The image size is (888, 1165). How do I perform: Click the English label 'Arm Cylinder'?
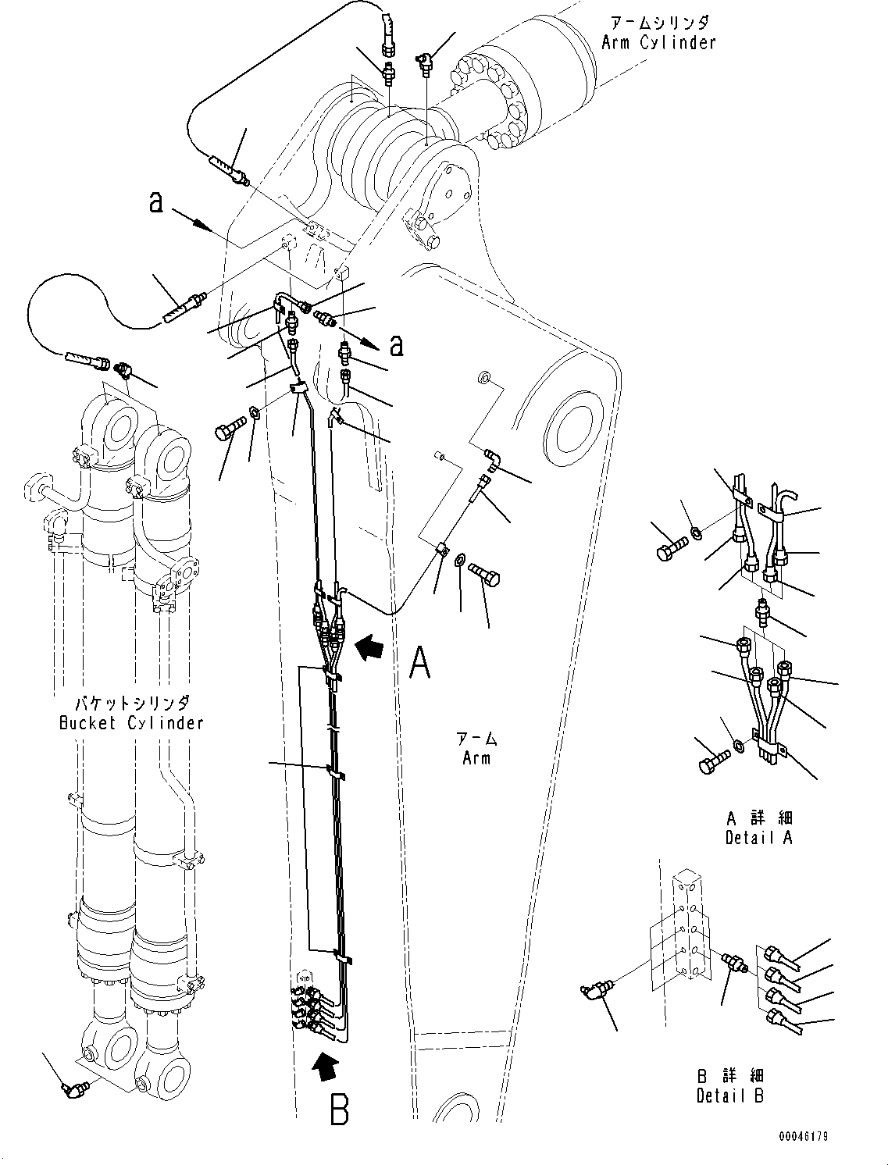click(x=658, y=43)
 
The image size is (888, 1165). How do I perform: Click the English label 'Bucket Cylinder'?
click(x=131, y=722)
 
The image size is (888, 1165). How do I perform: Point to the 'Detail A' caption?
click(x=758, y=838)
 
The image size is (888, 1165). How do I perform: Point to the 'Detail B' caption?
click(x=729, y=1096)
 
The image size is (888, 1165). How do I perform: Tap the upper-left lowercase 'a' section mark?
click(x=156, y=202)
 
